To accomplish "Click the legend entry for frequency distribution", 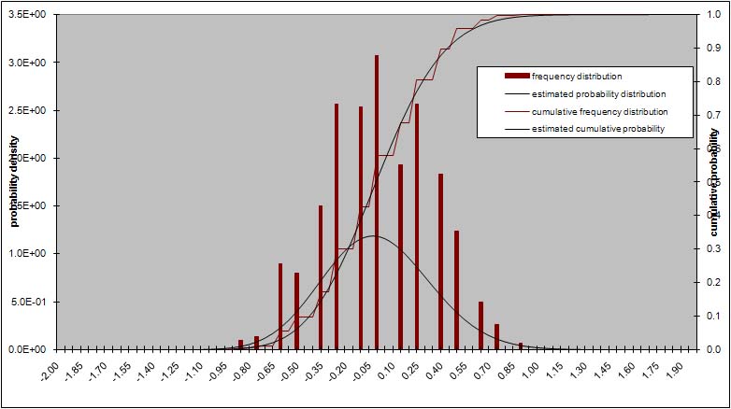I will click(577, 77).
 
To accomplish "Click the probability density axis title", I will click(14, 181).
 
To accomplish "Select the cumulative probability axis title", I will click(713, 181).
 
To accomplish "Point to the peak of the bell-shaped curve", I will click(374, 235).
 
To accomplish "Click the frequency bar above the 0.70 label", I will click(481, 325).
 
